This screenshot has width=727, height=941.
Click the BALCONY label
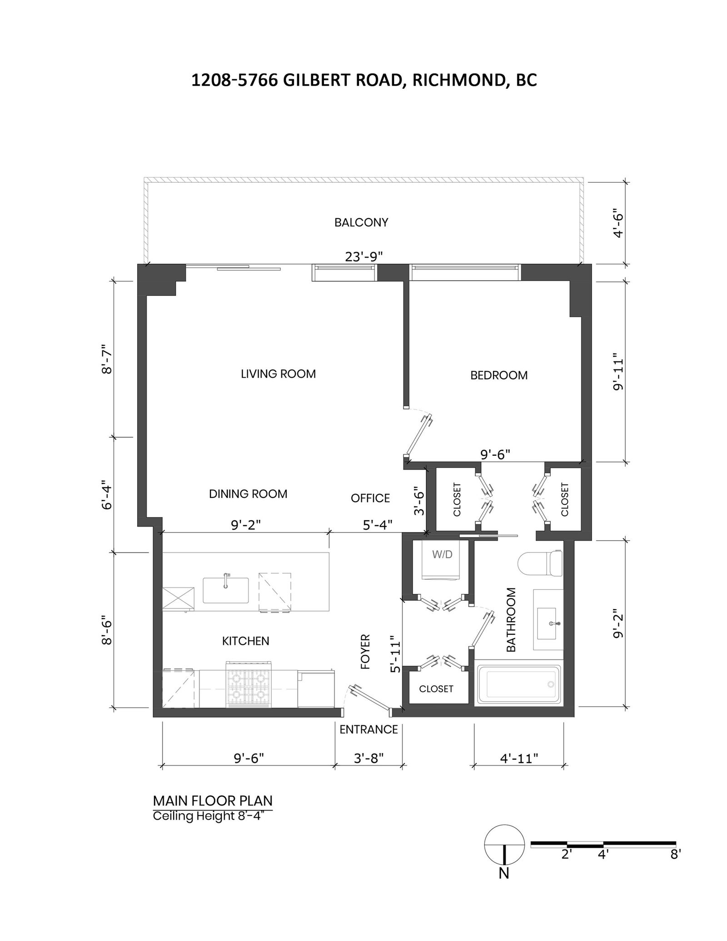[x=361, y=223]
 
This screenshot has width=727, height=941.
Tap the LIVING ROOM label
[x=278, y=374]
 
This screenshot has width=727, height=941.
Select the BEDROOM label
[x=499, y=375]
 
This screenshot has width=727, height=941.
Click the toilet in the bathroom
[x=540, y=563]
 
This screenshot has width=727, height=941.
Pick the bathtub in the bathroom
[x=518, y=684]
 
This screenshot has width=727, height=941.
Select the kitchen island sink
[x=225, y=590]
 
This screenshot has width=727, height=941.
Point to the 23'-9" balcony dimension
[x=364, y=257]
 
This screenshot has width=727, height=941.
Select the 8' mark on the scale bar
[x=675, y=854]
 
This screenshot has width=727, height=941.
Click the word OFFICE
[x=370, y=498]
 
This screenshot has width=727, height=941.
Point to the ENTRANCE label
[x=368, y=730]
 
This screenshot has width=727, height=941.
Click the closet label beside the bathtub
[x=436, y=689]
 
